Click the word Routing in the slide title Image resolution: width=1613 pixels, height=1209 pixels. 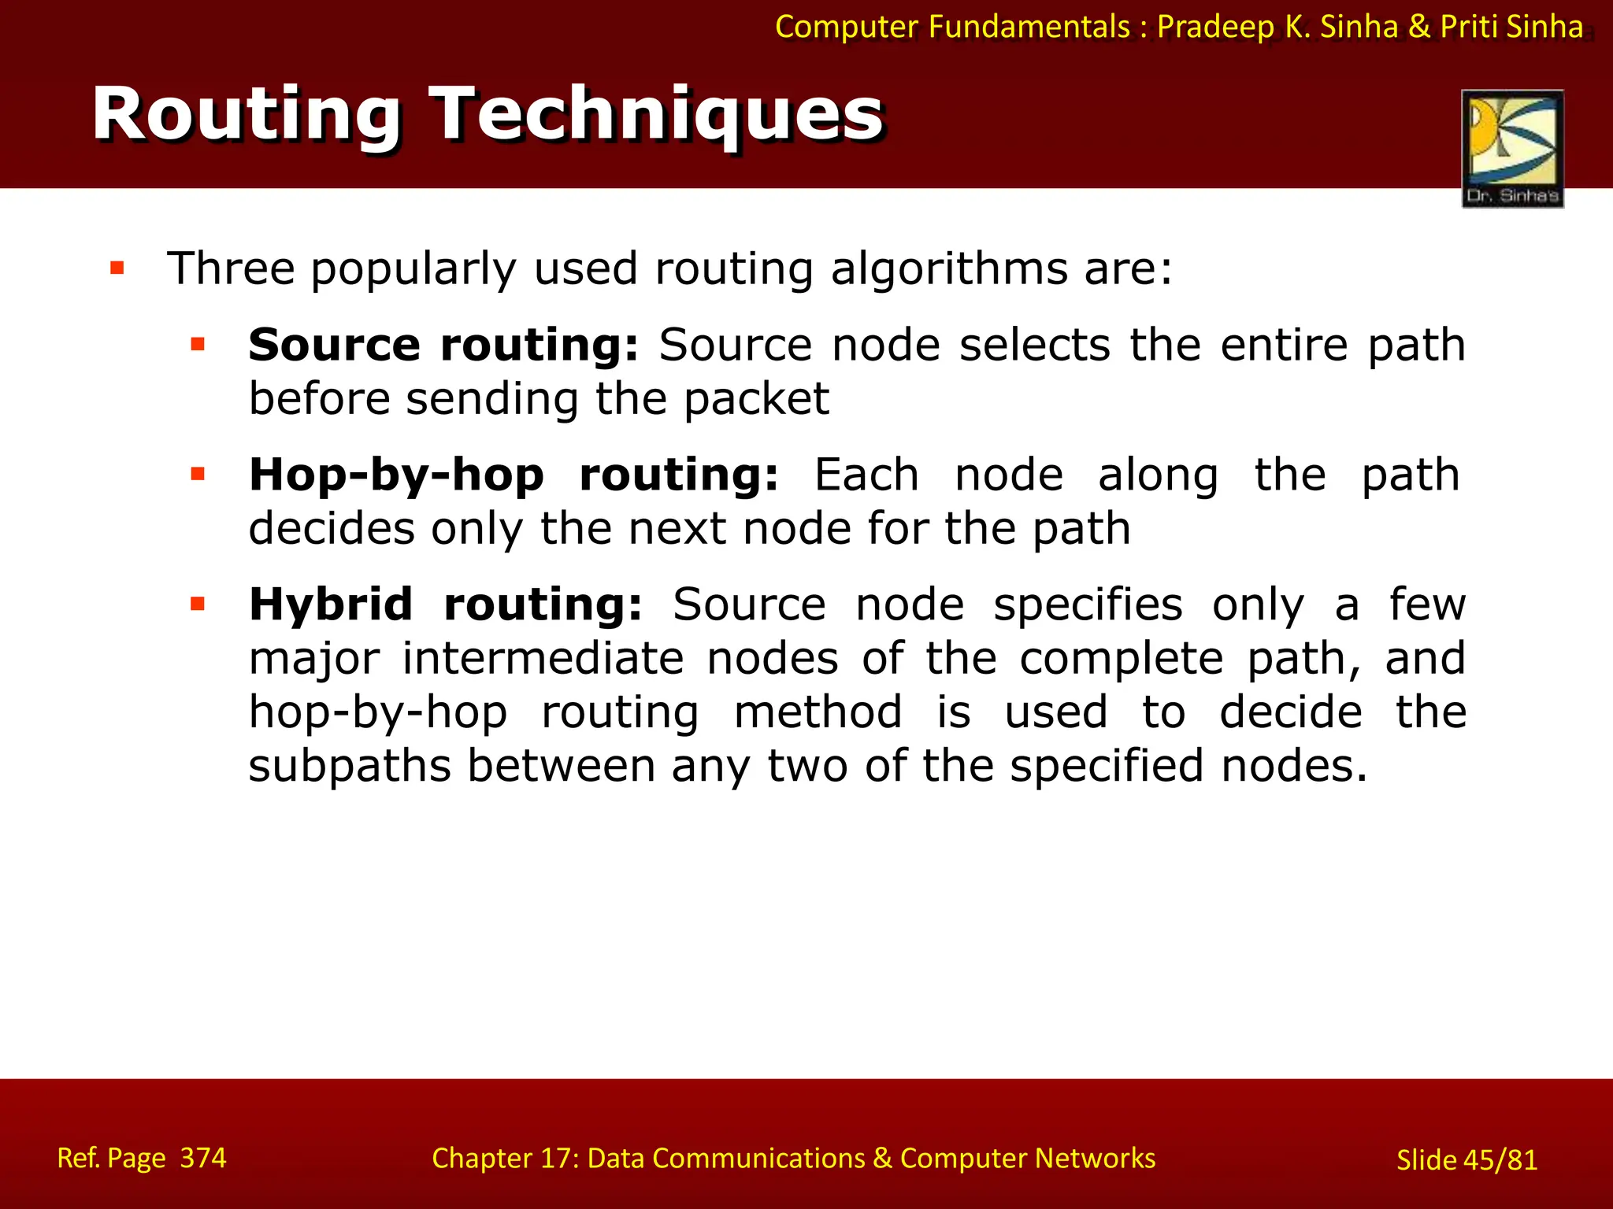(247, 116)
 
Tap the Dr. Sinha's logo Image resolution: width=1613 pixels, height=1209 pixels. (1512, 148)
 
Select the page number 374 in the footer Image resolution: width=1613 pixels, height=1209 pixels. (203, 1158)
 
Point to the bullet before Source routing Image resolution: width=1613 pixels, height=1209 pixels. (198, 344)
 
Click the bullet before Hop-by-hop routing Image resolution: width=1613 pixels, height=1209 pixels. (198, 474)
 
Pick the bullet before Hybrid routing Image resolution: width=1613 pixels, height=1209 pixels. (198, 604)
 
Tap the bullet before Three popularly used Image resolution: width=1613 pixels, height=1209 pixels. (117, 268)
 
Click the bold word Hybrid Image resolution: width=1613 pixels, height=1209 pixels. (331, 604)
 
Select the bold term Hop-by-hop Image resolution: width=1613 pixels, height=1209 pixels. (396, 475)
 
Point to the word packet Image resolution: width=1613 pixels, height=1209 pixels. (756, 399)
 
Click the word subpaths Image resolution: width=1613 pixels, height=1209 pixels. (350, 767)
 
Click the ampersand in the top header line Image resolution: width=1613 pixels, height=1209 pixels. (1418, 27)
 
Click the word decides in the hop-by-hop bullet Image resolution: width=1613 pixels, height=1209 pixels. (332, 528)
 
